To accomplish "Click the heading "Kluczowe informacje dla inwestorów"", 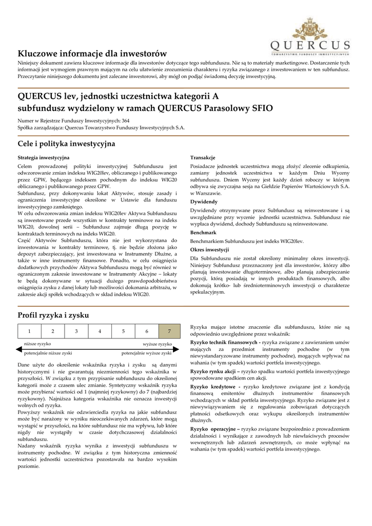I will click(92, 53).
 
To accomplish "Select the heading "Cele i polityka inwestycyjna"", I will click(66, 143).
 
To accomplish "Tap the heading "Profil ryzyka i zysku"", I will click(53, 314).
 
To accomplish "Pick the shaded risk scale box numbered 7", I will click(169, 331).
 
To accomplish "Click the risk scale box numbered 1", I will click(29, 331).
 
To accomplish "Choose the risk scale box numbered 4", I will click(100, 331).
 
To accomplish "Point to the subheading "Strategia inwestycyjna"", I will click(44, 157).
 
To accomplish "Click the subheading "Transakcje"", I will click(203, 157).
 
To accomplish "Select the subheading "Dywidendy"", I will click(204, 202).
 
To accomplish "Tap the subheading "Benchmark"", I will click(203, 233).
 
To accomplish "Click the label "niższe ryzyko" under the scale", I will click(37, 344).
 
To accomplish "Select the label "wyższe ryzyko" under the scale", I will click(157, 344).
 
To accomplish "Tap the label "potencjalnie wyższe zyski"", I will click(146, 353).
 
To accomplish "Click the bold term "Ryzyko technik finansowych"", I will click(224, 342).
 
